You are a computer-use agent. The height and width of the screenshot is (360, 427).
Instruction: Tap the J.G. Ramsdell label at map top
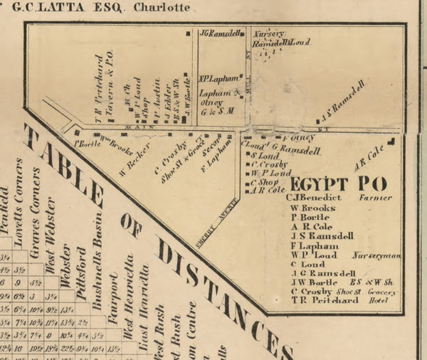pos(221,33)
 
